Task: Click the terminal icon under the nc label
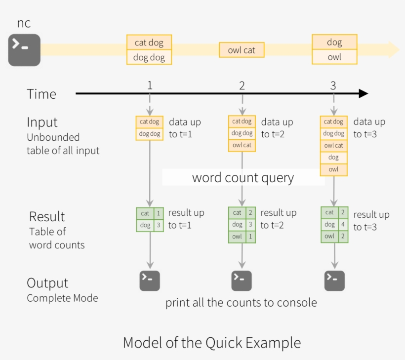tap(24, 50)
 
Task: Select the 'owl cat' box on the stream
tap(242, 50)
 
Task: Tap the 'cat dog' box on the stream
tap(149, 42)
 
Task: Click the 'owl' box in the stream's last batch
tap(334, 57)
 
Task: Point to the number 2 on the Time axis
tap(242, 86)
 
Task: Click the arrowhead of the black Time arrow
tap(364, 93)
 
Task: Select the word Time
tap(41, 94)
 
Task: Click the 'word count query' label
tap(243, 178)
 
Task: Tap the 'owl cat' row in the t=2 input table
tap(242, 145)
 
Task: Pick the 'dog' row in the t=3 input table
tap(334, 158)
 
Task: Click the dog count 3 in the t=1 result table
tap(159, 225)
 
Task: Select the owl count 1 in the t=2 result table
tap(251, 237)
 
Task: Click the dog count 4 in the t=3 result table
tap(343, 224)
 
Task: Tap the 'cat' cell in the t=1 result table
tap(145, 213)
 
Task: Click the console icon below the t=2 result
tap(242, 280)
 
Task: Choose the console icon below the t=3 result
tap(334, 280)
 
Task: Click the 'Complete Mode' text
tap(62, 298)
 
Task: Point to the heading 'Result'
tap(47, 216)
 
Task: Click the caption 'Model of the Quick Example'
tap(211, 342)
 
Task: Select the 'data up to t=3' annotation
tap(369, 128)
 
